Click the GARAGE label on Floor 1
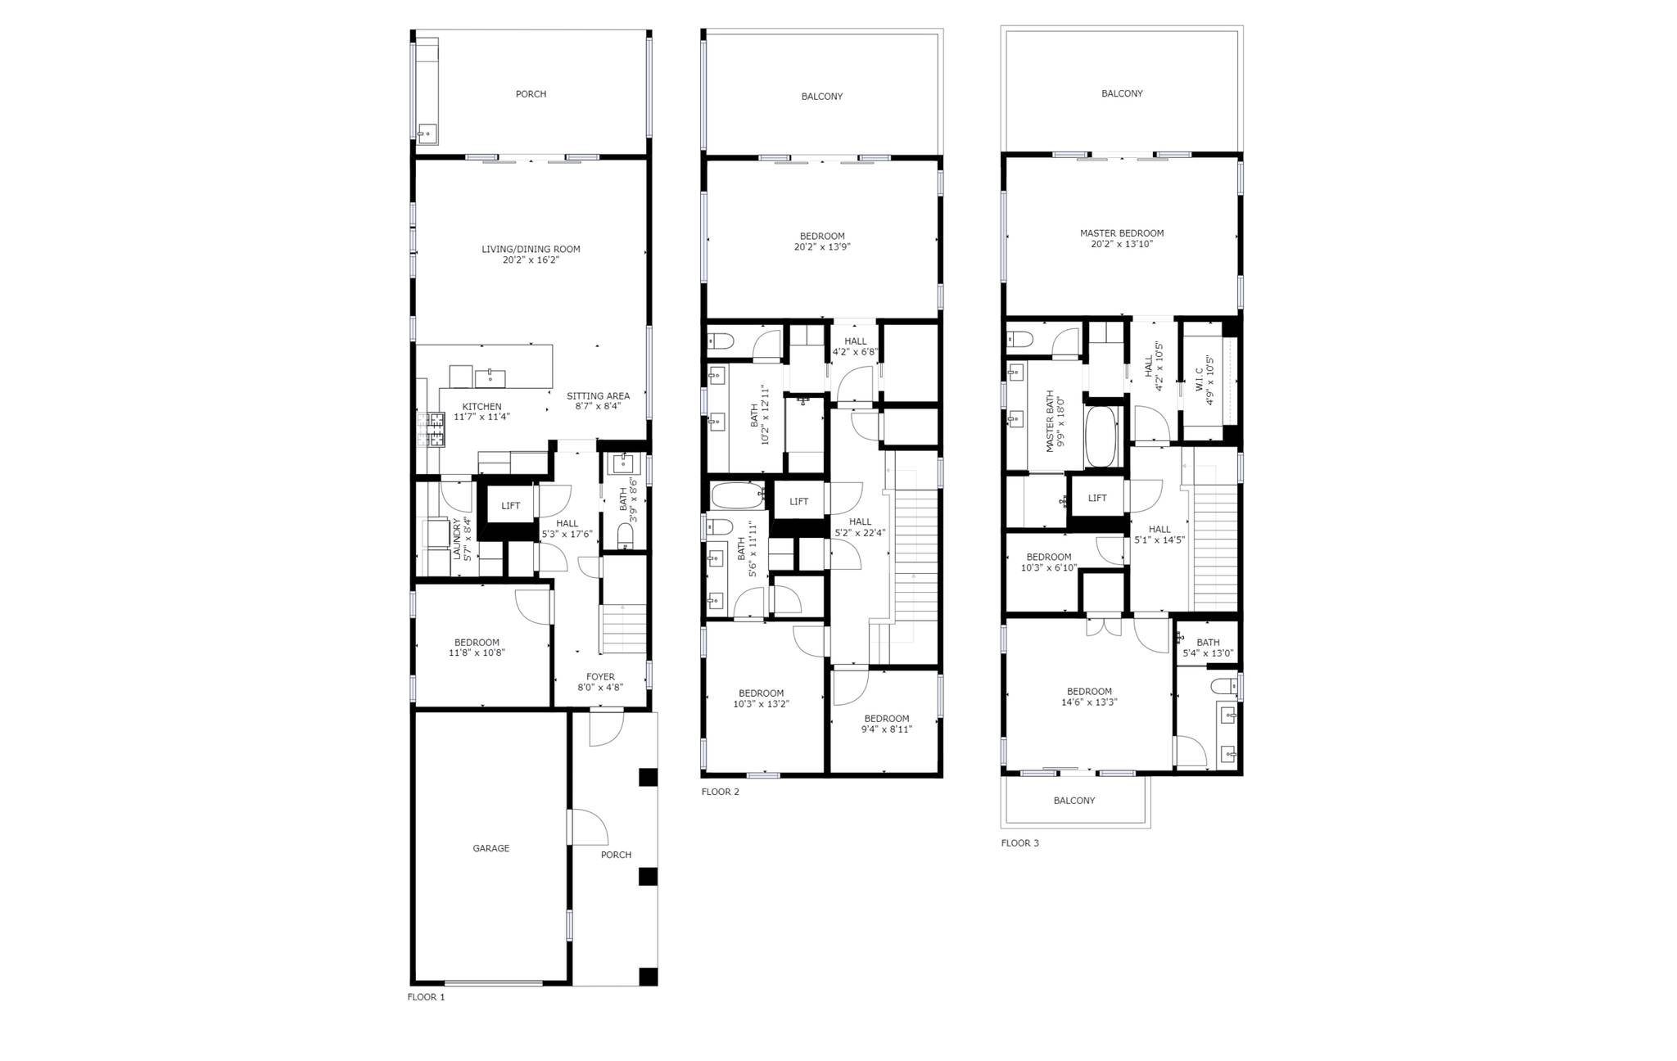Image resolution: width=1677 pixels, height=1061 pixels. (490, 848)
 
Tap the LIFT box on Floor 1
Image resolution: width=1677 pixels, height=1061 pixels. (510, 506)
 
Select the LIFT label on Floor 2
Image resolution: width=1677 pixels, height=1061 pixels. (798, 502)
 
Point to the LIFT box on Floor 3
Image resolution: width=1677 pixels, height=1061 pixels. (1097, 498)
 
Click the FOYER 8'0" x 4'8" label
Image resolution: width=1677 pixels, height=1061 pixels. (600, 682)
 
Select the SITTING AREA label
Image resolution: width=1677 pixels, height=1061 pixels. (598, 400)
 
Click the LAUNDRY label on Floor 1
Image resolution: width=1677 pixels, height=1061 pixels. (462, 539)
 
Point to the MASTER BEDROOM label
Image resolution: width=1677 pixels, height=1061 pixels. (1121, 238)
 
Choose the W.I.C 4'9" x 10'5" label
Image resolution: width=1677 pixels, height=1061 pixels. (1205, 380)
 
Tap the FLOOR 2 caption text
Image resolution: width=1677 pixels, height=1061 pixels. (720, 792)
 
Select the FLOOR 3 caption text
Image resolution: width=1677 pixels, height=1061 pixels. (1019, 842)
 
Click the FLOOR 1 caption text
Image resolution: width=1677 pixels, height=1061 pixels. (426, 997)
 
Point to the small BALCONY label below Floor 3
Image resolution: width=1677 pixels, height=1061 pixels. (1074, 801)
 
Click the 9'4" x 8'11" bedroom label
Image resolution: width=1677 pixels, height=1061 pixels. (887, 724)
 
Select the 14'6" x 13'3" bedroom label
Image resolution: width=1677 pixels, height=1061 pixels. (1089, 696)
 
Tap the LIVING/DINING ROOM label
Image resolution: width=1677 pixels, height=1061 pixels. (531, 254)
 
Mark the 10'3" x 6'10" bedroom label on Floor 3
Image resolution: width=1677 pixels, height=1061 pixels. (1048, 562)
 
